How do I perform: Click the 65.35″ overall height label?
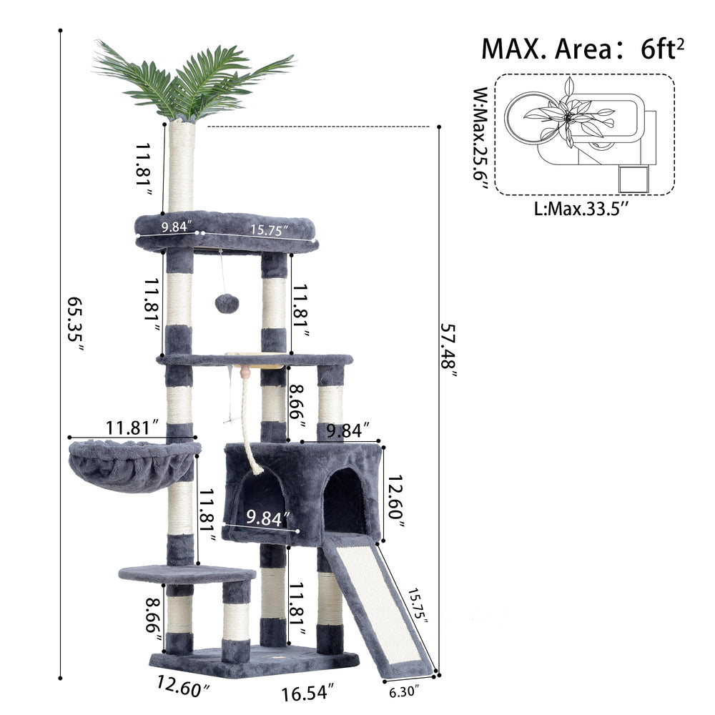[x=75, y=325]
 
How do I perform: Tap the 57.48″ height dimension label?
[x=448, y=350]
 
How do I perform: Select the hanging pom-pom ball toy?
[x=223, y=302]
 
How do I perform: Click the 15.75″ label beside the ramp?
[x=418, y=607]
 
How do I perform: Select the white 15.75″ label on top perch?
[x=270, y=230]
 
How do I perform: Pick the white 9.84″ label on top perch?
[x=177, y=226]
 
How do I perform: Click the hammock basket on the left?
[x=134, y=465]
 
